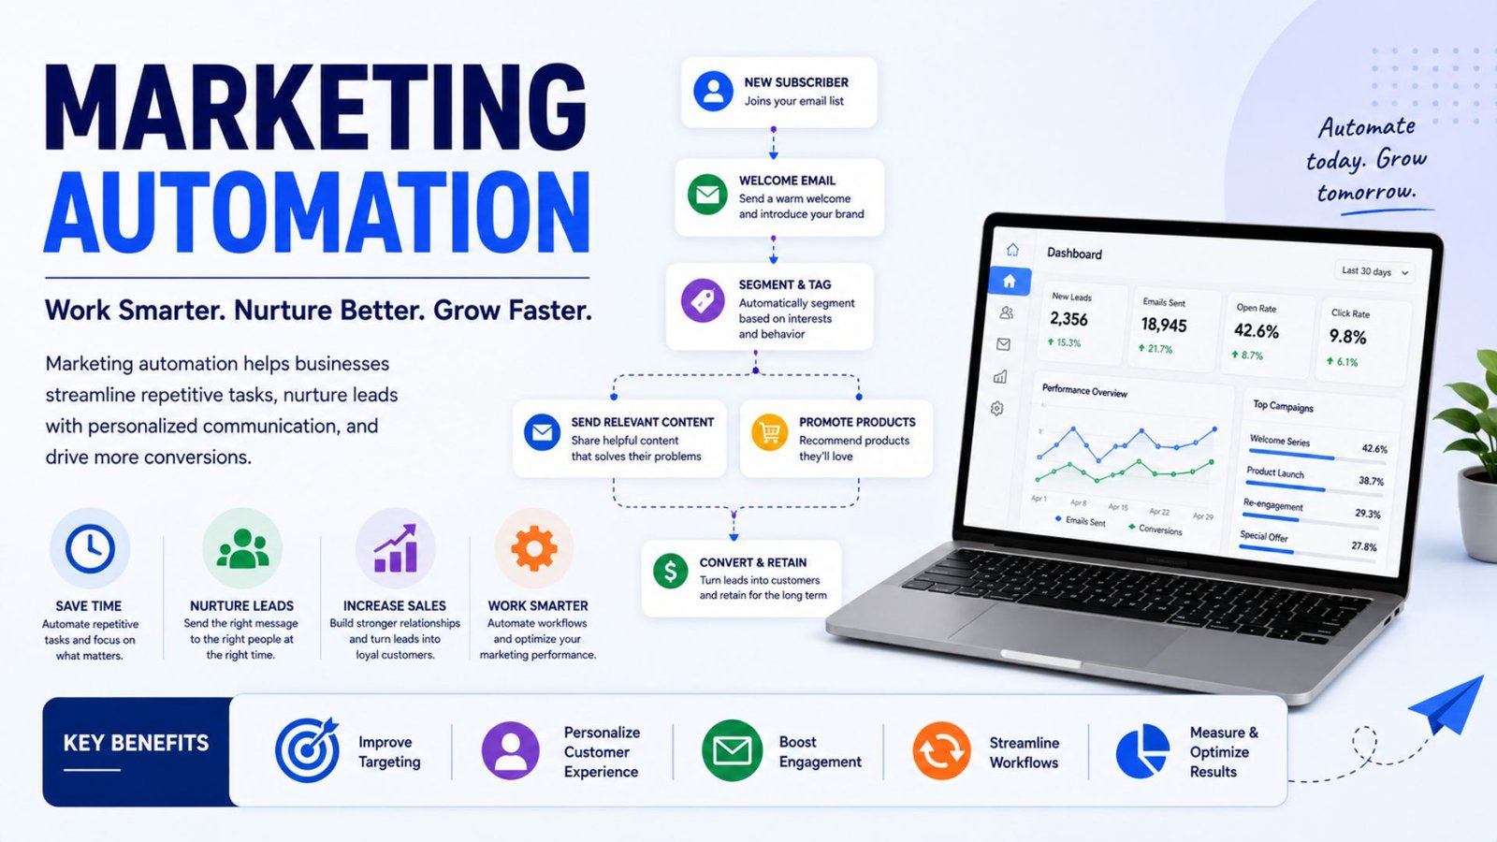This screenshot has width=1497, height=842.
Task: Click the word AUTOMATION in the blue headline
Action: tap(317, 211)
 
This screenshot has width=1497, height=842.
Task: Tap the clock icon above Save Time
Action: tap(90, 548)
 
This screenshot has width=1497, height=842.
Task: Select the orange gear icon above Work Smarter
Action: tap(533, 548)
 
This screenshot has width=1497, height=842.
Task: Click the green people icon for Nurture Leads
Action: tap(242, 549)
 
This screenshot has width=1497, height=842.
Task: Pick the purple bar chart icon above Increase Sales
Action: tap(396, 548)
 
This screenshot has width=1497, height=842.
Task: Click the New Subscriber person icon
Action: tap(713, 91)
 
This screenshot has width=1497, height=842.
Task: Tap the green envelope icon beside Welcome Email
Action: tap(707, 195)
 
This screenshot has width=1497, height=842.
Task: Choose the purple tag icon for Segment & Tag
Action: tap(702, 300)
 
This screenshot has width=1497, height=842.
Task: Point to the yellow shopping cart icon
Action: tap(769, 432)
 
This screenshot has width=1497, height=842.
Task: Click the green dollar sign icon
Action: tap(670, 572)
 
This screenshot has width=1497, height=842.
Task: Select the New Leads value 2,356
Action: tap(1068, 319)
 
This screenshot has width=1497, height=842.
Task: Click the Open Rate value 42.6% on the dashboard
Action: tap(1256, 331)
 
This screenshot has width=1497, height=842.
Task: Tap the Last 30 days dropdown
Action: tap(1374, 272)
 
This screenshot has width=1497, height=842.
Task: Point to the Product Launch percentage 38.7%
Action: tap(1371, 481)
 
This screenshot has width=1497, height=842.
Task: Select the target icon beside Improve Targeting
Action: tap(307, 750)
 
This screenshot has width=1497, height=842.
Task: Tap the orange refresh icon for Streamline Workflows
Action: tap(941, 750)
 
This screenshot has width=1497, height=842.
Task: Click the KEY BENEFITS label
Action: tap(136, 743)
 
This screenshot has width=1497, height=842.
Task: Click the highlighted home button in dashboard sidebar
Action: tap(1010, 282)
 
